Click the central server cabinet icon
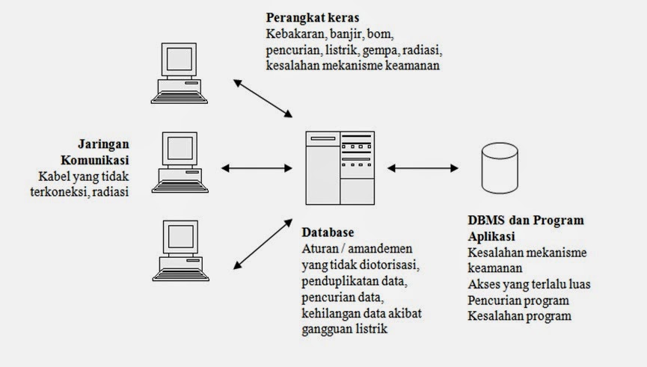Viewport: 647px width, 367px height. tap(340, 167)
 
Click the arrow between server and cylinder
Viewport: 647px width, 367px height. tap(423, 167)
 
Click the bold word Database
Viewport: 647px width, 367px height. tap(328, 232)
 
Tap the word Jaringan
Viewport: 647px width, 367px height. tap(103, 144)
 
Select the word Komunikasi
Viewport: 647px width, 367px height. tap(95, 160)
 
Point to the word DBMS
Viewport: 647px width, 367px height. tap(486, 220)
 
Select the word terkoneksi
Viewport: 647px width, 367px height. tap(69, 191)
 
